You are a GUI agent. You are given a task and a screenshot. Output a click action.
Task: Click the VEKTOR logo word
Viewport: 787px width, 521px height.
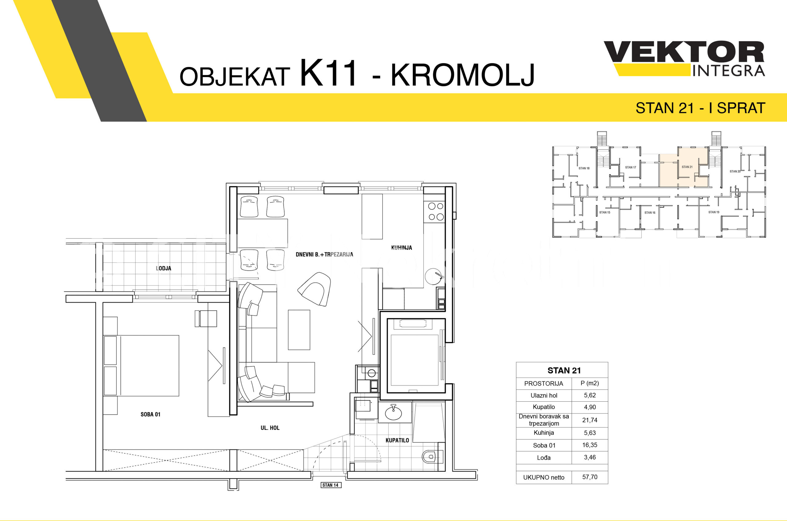pos(684,52)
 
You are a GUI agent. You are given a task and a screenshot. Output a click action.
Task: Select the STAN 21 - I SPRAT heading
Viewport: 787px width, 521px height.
pos(701,108)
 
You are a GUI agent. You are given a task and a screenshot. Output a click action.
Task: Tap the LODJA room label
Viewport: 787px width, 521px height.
pos(164,268)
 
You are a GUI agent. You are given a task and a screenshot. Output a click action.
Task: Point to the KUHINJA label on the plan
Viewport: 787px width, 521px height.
pos(401,247)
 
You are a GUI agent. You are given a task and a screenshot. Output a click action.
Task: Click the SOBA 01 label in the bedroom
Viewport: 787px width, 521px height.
pos(150,414)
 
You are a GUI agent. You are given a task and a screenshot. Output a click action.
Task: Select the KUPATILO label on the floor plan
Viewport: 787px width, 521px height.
pos(397,440)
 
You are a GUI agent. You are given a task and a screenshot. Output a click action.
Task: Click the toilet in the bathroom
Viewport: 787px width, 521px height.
pos(431,457)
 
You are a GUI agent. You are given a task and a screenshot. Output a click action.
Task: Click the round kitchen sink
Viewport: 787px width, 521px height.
pos(433,276)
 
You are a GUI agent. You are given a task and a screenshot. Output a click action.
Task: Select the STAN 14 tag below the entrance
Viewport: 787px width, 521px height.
pos(330,485)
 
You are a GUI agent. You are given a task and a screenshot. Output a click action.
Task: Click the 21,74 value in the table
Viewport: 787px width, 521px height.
pos(590,420)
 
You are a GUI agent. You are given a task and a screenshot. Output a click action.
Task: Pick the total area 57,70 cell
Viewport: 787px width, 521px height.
pos(590,477)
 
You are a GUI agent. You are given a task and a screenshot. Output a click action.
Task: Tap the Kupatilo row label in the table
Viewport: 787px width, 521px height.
pos(544,407)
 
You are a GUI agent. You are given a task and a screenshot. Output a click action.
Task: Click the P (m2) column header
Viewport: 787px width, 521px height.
pos(590,383)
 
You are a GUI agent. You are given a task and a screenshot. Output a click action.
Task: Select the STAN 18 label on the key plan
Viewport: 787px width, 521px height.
pos(584,168)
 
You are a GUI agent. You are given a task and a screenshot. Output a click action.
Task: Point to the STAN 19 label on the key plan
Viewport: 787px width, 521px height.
pos(714,212)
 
